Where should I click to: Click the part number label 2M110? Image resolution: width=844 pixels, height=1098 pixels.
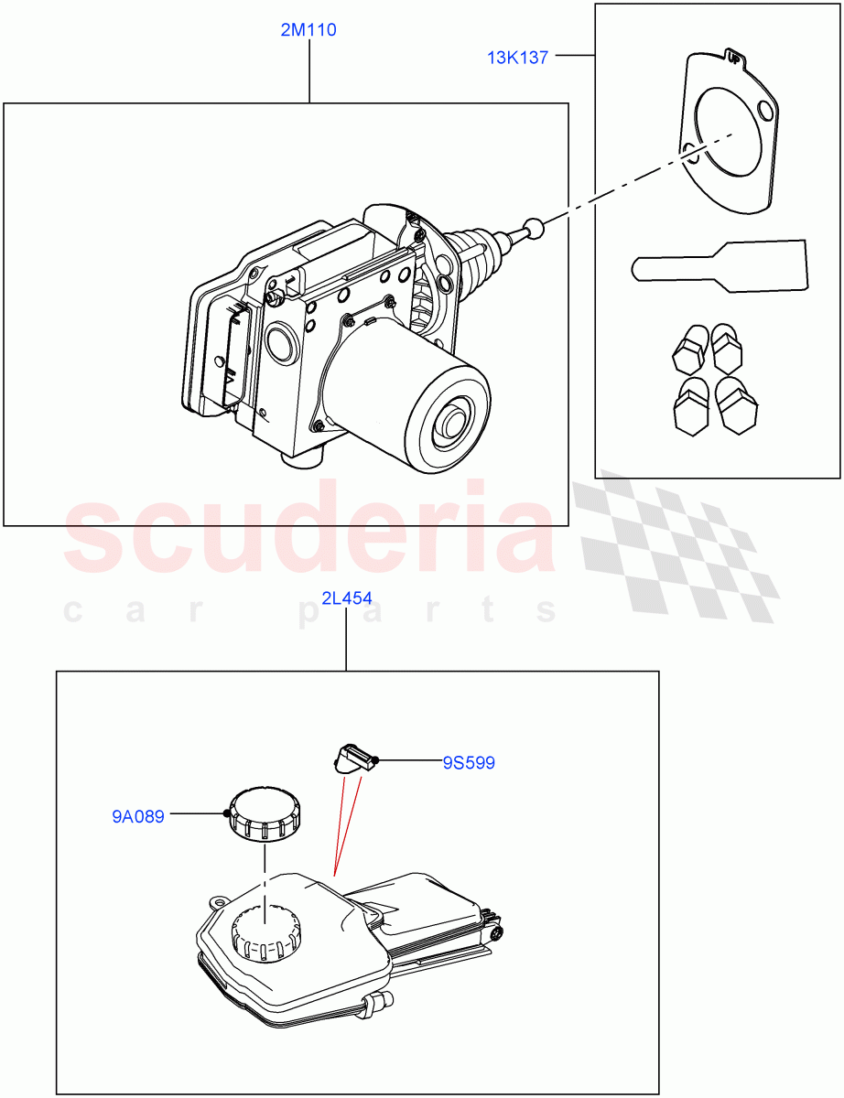pos(308,30)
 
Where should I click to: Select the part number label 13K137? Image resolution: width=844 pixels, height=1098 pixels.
pos(517,58)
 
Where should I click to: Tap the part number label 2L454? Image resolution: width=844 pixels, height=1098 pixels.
pos(346,599)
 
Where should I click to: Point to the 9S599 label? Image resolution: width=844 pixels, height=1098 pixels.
pos(469,762)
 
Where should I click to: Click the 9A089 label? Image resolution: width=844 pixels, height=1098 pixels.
pos(138,816)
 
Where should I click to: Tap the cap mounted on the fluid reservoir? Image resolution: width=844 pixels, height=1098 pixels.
pos(265,933)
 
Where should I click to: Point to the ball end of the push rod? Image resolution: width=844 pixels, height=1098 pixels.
pos(534,228)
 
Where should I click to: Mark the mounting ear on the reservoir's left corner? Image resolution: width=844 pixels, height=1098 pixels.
pos(218,902)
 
